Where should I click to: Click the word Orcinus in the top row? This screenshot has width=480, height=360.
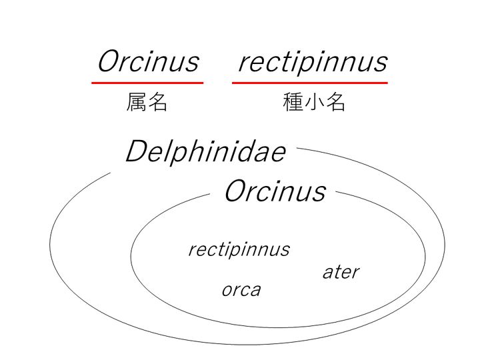[x=147, y=61]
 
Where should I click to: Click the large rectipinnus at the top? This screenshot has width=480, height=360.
[x=312, y=62]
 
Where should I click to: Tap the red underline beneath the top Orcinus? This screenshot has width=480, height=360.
[x=147, y=83]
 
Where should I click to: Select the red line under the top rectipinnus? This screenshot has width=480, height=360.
[x=309, y=83]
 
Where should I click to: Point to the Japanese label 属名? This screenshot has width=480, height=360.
[x=147, y=103]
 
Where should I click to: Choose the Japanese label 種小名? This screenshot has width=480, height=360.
[x=314, y=103]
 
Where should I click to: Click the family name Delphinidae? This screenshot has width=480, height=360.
[x=205, y=152]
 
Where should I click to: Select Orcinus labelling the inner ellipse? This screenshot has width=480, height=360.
[x=274, y=191]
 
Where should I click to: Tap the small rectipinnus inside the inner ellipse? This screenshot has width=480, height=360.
[x=239, y=250]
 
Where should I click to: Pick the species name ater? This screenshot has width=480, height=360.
[x=340, y=272]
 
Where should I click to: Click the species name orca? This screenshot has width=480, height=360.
[x=241, y=290]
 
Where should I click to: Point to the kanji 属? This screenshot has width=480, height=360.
[x=137, y=103]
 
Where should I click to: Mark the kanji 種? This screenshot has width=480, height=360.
[x=293, y=103]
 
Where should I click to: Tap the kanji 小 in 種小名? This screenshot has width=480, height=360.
[x=314, y=103]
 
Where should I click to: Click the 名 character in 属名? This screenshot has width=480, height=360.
[x=157, y=103]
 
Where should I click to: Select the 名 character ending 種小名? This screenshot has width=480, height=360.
[x=335, y=103]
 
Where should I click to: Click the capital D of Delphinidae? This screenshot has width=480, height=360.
[x=136, y=152]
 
